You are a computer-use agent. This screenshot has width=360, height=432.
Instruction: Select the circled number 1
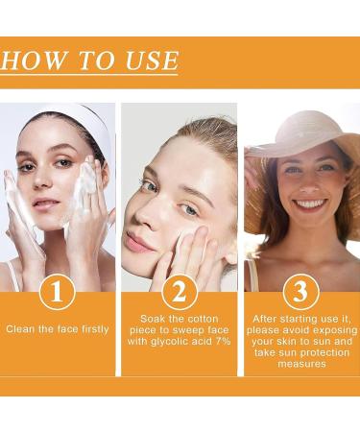pos(57,292)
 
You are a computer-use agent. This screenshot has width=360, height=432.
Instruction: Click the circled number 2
pos(179,292)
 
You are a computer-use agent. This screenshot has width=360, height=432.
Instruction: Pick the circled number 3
pos(300,292)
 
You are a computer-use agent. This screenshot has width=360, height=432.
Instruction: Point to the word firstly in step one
pos(92,329)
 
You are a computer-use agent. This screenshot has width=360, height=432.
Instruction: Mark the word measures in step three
pos(300,364)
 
